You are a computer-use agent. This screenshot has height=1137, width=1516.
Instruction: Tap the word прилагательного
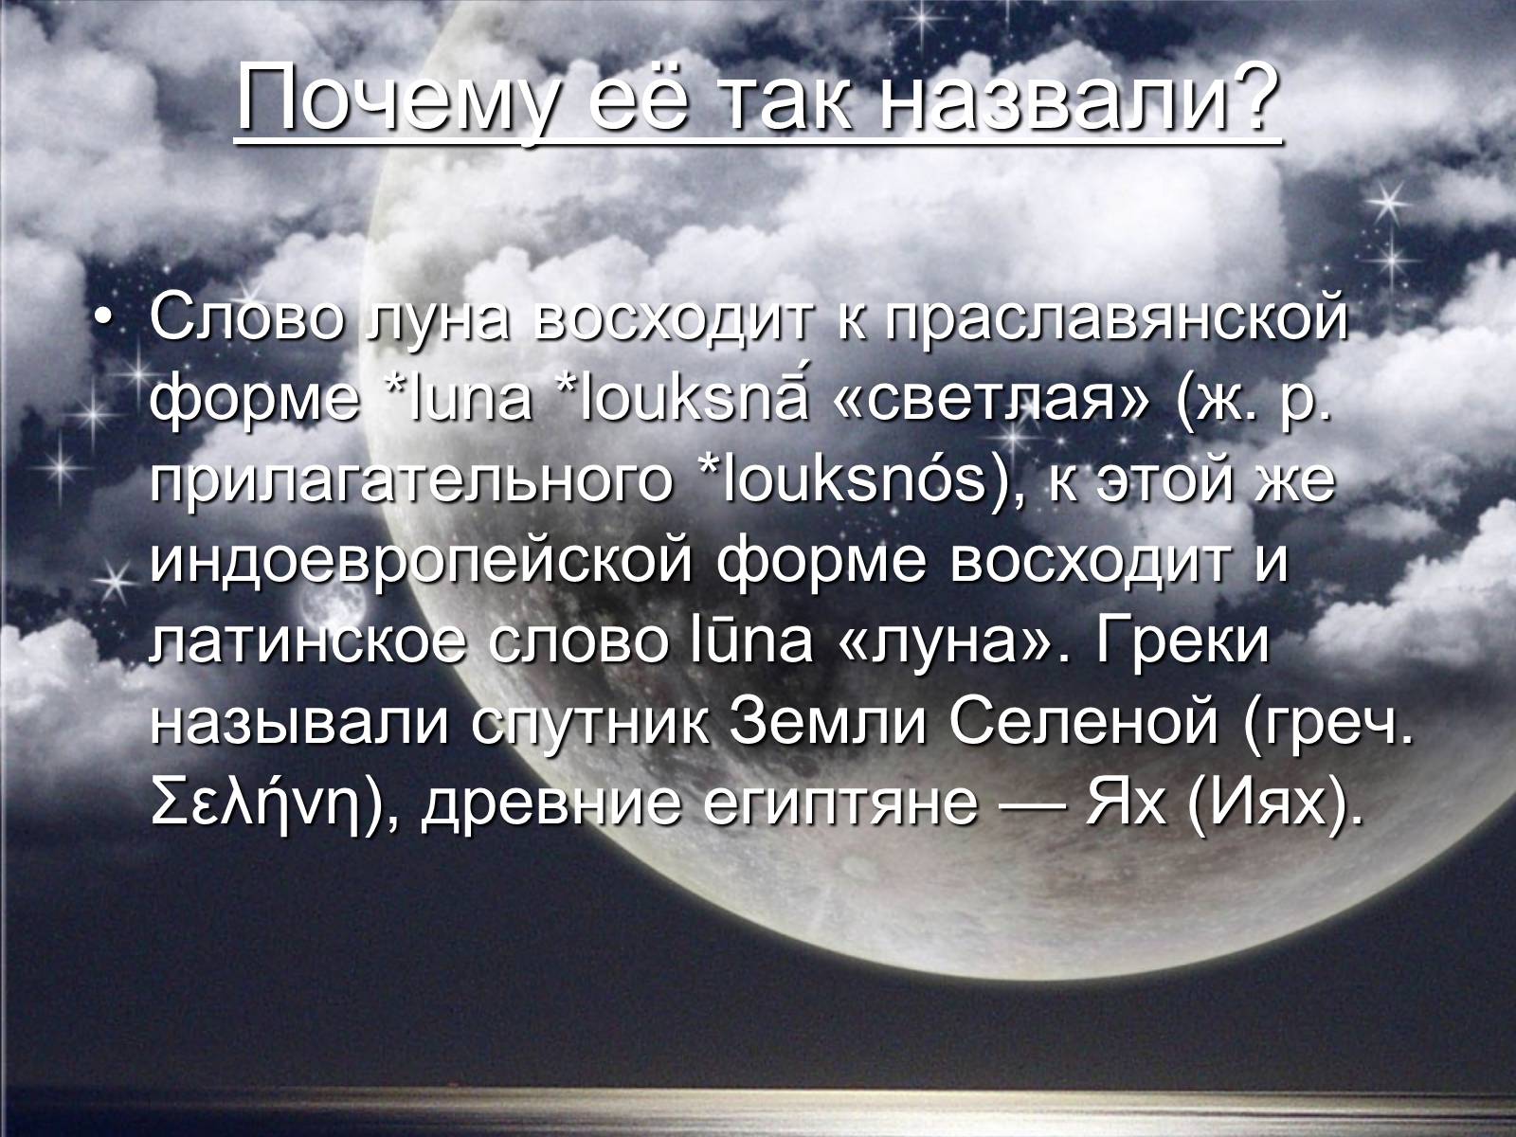(411, 483)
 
